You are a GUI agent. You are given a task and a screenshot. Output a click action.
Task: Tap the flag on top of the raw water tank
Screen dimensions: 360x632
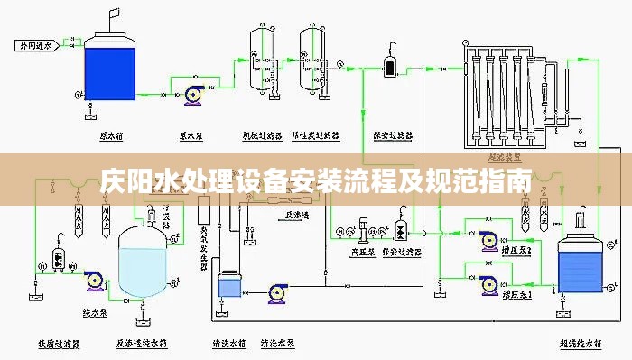[114, 12]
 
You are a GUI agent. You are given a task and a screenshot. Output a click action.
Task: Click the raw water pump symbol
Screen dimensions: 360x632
[191, 94]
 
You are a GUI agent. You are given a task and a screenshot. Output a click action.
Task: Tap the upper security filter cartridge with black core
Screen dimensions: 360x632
[390, 66]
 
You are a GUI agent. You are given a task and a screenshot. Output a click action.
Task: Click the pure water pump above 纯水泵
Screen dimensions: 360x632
[94, 282]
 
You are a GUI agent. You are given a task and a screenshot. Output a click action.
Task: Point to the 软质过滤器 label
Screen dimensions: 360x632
[60, 344]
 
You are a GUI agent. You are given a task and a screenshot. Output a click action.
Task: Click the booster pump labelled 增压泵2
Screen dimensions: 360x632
[488, 240]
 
